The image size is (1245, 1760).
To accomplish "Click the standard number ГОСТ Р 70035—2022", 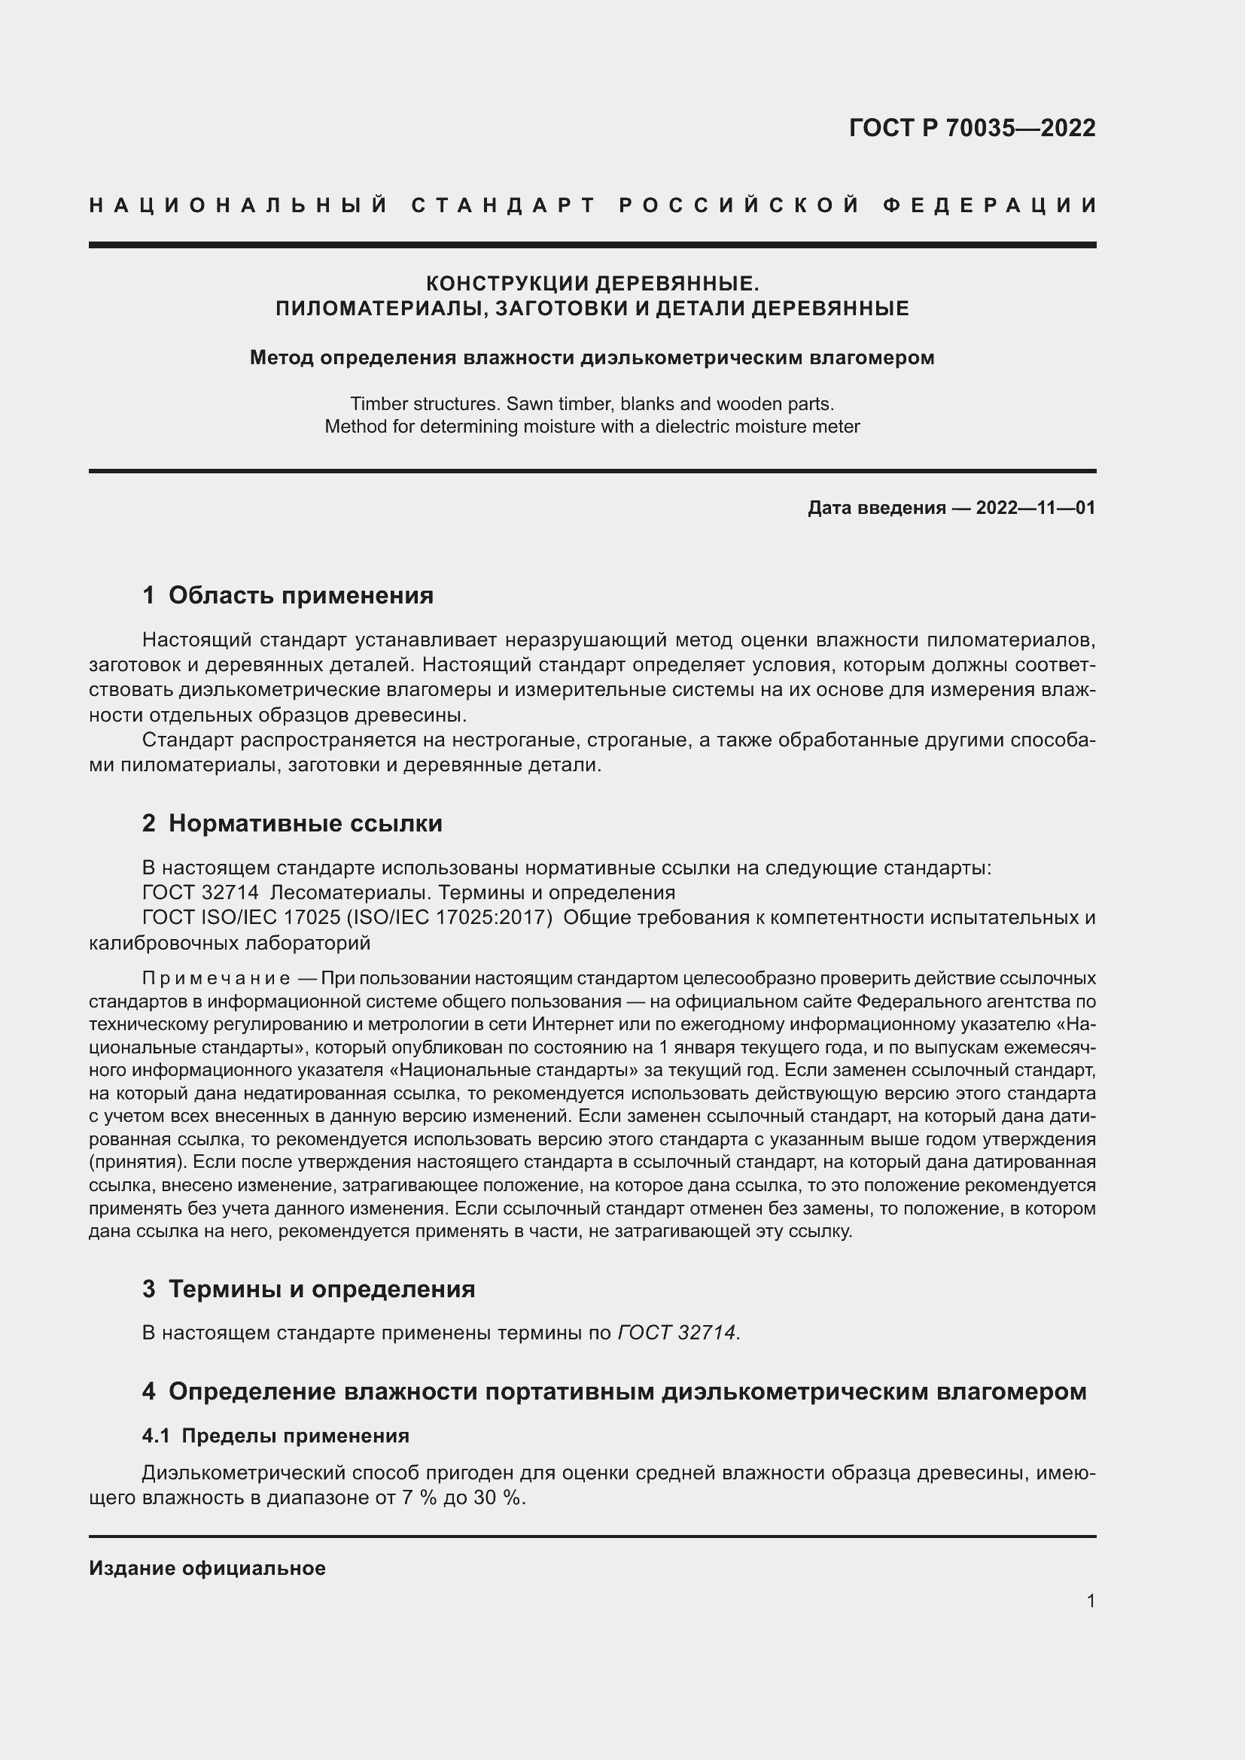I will [971, 128].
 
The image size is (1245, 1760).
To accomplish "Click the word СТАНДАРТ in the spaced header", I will [504, 205].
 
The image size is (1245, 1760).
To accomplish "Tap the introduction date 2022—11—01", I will [1035, 507].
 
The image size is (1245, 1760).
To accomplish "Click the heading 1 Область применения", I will [288, 595].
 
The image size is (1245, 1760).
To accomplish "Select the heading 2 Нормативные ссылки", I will [292, 823].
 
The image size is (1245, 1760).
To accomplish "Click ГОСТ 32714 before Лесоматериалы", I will [200, 892].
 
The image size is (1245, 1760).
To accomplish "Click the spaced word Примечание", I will [216, 979].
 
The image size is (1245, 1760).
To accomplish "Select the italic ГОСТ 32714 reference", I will [676, 1333].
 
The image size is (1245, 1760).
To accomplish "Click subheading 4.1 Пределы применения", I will [275, 1436].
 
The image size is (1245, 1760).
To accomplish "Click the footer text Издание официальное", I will [207, 1568].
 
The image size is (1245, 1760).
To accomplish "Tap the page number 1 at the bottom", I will [1090, 1600].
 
